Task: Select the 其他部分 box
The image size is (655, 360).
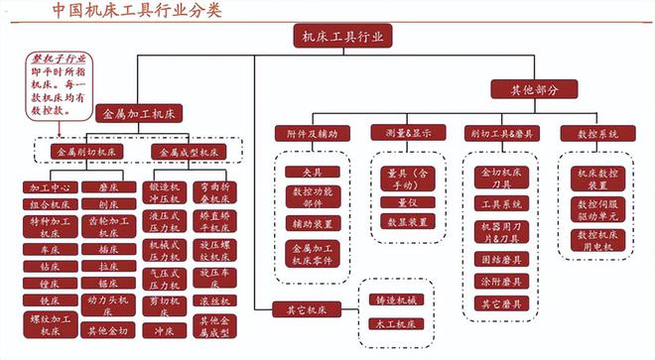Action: point(535,88)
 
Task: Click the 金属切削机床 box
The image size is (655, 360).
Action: point(86,152)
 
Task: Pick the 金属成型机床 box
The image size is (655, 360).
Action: point(190,152)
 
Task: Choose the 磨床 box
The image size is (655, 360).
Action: point(109,186)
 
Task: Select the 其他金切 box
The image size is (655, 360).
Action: point(108,329)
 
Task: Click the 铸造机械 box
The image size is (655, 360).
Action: point(392,300)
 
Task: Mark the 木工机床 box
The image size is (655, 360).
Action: point(392,324)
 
